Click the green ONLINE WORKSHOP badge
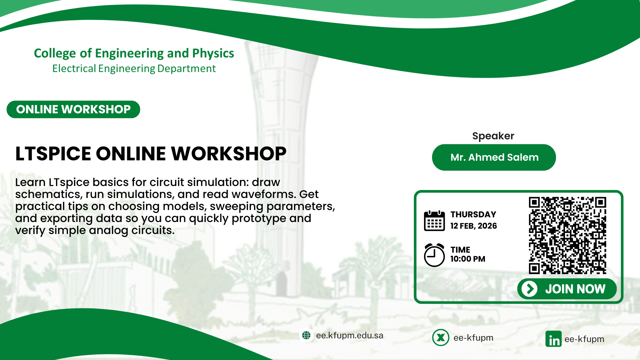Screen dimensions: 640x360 point(73,109)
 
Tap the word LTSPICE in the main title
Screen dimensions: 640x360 point(53,154)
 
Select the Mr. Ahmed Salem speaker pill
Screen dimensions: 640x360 point(494,157)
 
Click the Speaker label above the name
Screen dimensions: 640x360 point(493,136)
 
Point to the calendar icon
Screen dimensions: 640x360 point(434,221)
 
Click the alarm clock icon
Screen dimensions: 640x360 point(434,255)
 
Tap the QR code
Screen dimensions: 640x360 point(567,235)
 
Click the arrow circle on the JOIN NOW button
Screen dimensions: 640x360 point(530,289)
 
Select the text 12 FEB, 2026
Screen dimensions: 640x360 point(474,226)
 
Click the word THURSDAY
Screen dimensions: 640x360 point(473,214)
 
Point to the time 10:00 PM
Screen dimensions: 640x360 point(468,259)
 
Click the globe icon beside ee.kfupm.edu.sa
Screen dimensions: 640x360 point(306,335)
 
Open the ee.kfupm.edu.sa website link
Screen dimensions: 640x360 point(350,335)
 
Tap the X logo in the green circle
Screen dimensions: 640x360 point(441,338)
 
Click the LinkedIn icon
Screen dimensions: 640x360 point(553,339)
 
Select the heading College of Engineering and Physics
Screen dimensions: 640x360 point(134,53)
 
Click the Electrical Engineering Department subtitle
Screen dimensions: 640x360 point(134,68)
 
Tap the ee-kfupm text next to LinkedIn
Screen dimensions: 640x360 point(584,339)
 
